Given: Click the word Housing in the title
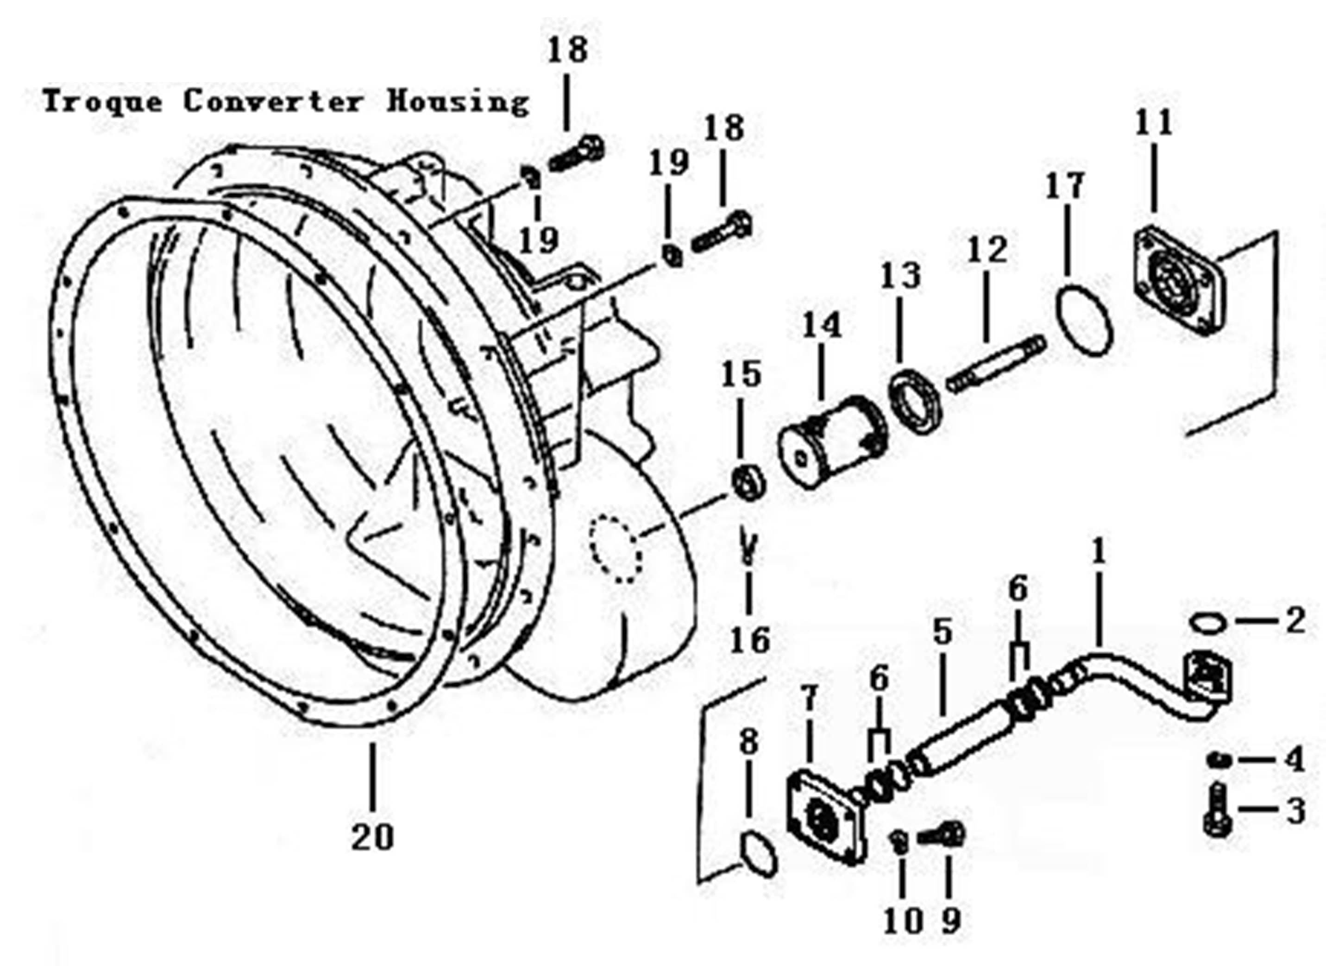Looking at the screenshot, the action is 458,102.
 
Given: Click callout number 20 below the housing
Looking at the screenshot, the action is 372,837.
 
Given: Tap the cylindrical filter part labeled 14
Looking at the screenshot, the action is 832,442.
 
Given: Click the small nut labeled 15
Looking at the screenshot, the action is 747,481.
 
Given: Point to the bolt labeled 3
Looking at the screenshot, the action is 1217,810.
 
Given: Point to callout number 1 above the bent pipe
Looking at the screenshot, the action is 1099,553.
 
